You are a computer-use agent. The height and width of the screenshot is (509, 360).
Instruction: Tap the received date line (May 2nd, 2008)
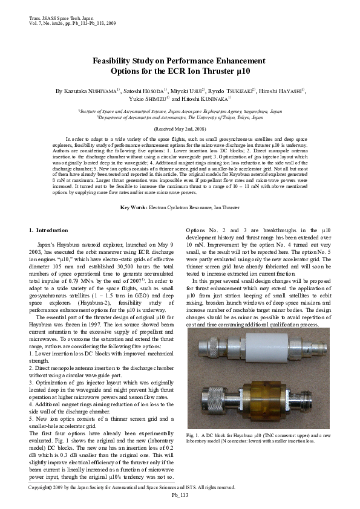coord(180,129)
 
